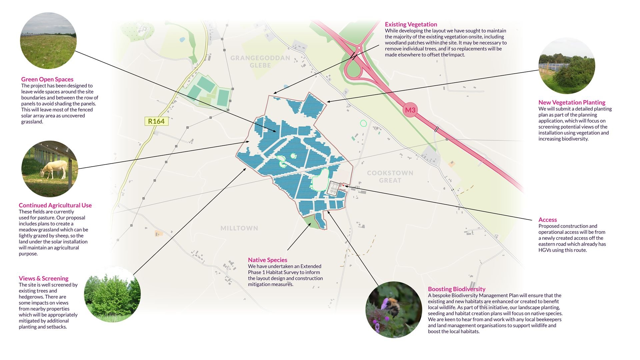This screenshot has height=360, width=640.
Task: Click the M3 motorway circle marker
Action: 410,110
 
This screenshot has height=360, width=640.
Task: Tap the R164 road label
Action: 156,121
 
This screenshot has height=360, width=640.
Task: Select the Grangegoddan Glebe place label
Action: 260,61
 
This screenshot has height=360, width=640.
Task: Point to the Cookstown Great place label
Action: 390,176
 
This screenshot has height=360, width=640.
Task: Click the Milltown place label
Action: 239,228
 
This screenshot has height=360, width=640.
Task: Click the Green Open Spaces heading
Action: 47,79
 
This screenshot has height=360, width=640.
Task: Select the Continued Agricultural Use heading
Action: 55,205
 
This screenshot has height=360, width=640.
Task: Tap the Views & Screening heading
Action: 43,278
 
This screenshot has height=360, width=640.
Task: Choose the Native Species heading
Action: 267,260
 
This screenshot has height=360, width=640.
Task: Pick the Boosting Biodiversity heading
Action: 456,289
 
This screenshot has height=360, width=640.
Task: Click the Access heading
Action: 547,220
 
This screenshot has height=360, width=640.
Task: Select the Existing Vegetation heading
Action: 411,24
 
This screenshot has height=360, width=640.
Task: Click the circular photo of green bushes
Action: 112,294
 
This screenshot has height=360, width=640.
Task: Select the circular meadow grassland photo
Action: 48,41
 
